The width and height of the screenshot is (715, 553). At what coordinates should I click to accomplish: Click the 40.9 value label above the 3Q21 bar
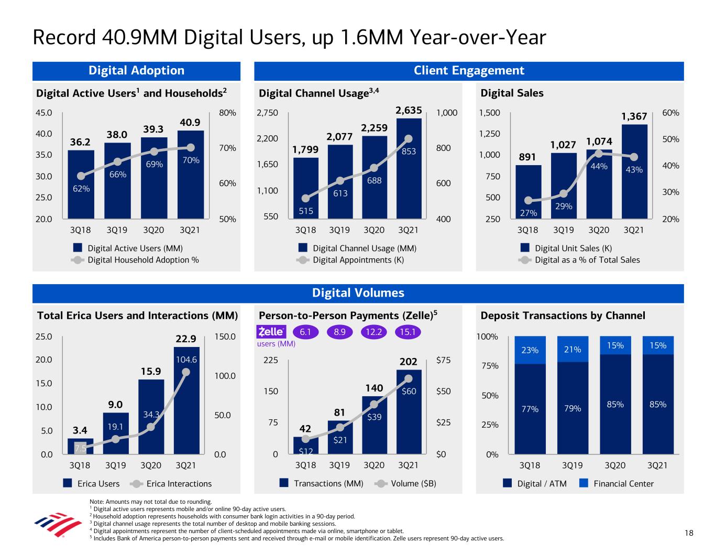coord(190,122)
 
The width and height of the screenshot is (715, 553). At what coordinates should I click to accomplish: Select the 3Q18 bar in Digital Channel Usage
coord(306,187)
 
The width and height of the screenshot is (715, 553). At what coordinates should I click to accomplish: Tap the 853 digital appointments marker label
coord(409,151)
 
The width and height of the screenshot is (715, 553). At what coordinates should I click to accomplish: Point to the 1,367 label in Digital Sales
coord(634,116)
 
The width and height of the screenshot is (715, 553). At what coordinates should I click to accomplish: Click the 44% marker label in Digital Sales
coord(599,166)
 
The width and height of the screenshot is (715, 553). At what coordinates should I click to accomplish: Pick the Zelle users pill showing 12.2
coord(374,332)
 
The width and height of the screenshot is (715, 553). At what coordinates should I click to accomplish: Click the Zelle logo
coord(271,332)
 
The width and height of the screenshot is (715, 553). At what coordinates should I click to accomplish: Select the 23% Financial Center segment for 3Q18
coord(530,350)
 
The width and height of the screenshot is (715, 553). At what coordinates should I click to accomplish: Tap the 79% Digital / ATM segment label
coord(573,408)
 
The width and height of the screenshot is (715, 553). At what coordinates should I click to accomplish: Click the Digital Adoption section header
coord(136,71)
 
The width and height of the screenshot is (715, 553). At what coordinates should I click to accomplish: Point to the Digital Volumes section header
coord(358,293)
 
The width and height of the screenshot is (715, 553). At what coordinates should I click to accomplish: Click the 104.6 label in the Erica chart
coord(186,360)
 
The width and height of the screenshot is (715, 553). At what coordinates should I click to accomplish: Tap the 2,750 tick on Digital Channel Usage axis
coord(267,113)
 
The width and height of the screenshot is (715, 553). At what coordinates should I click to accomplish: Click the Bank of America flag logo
coord(51,526)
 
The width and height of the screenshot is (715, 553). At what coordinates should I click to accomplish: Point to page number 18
coord(688,533)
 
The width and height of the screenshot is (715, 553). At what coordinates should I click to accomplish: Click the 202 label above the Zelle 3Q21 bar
coord(409,362)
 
